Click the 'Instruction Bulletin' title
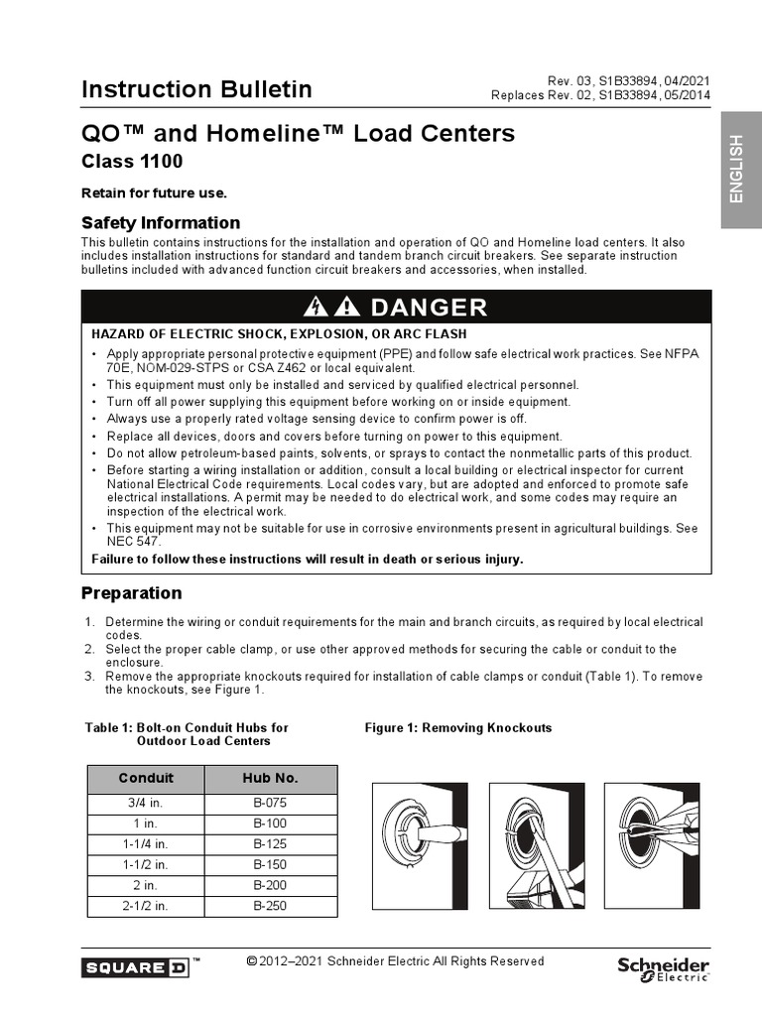[196, 89]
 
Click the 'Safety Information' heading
[160, 222]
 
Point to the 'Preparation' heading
[131, 593]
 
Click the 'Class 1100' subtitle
[131, 161]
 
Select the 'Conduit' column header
[146, 779]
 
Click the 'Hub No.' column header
[270, 779]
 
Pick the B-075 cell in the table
[270, 803]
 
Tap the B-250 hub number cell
[270, 906]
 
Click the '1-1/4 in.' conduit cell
[146, 844]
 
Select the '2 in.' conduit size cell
[146, 885]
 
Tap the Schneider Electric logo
[663, 967]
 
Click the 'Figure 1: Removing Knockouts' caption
[458, 728]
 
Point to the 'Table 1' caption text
[187, 734]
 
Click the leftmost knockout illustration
[419, 844]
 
